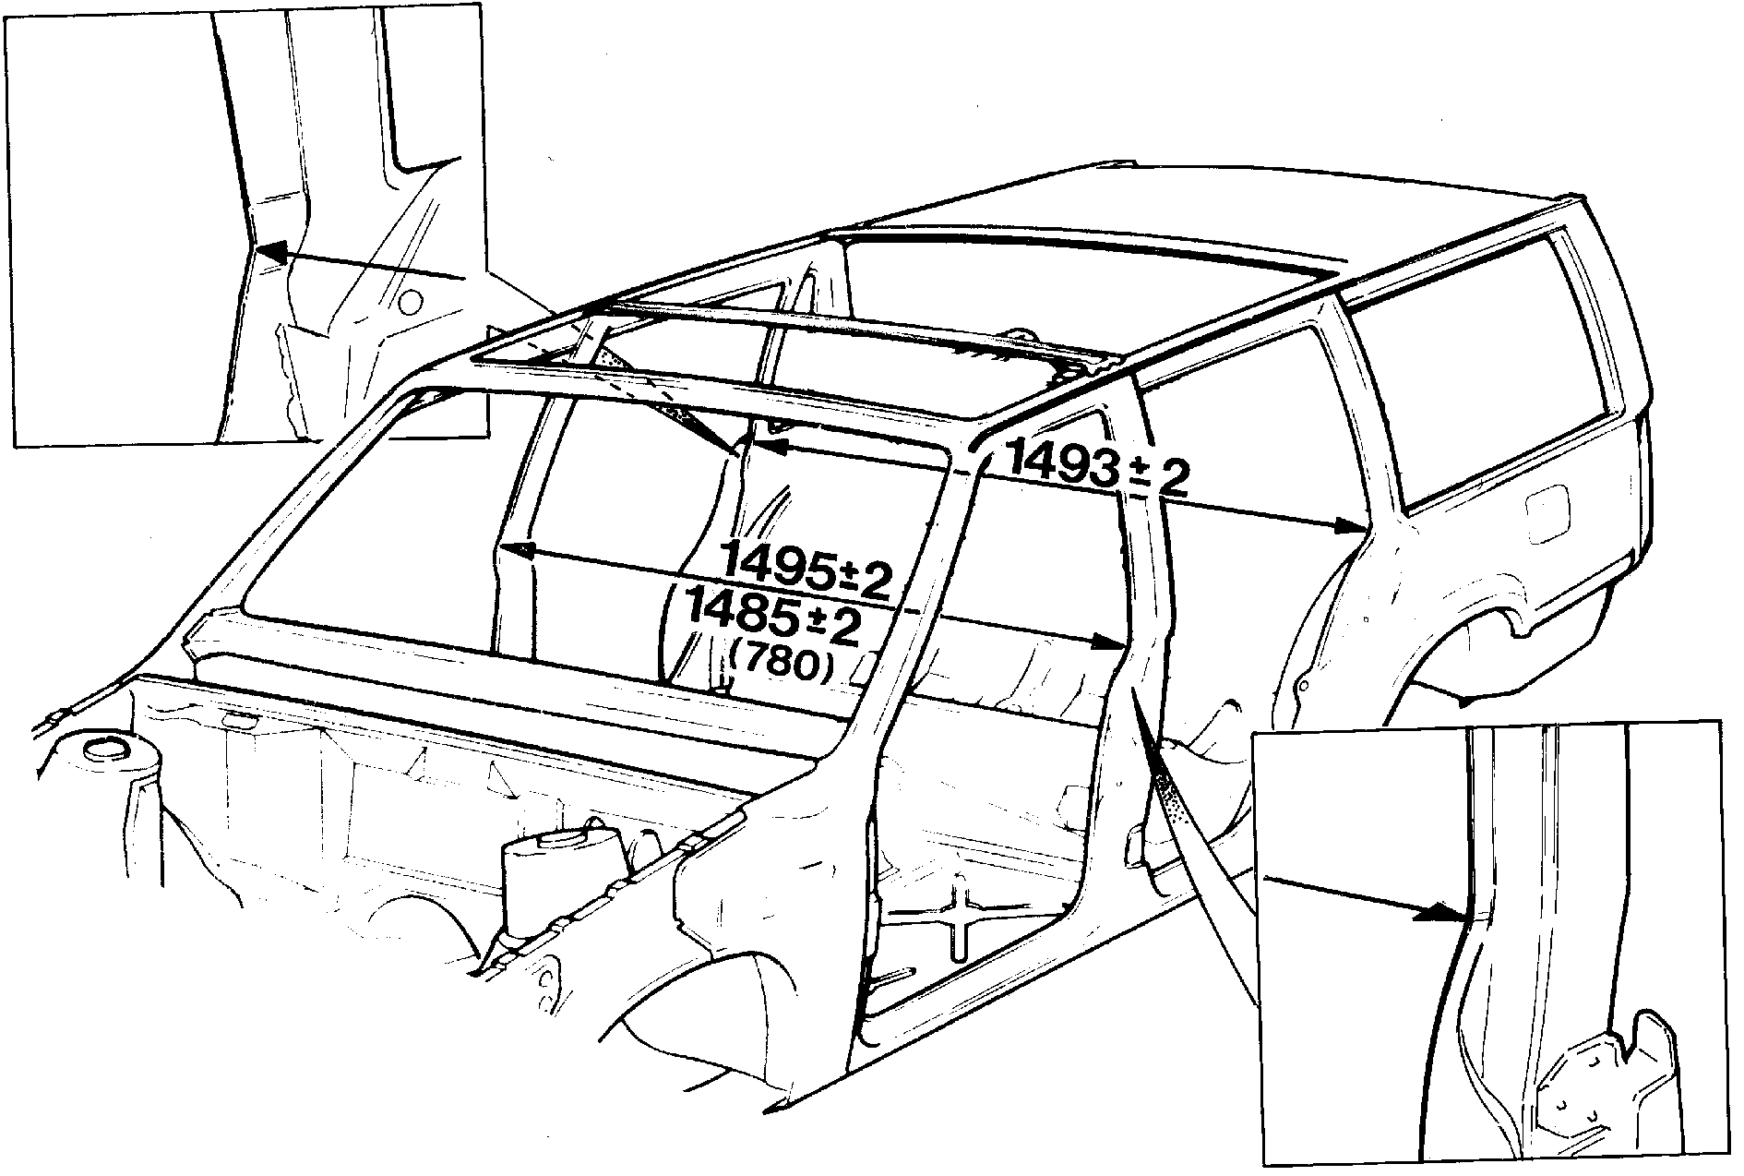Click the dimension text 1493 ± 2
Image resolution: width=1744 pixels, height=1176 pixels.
[x=1097, y=468]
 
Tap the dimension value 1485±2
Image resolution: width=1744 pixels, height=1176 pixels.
[x=771, y=618]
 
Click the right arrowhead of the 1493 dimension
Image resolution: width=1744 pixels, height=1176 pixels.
[x=1351, y=527]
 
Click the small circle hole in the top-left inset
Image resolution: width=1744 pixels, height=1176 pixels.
[x=412, y=300]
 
